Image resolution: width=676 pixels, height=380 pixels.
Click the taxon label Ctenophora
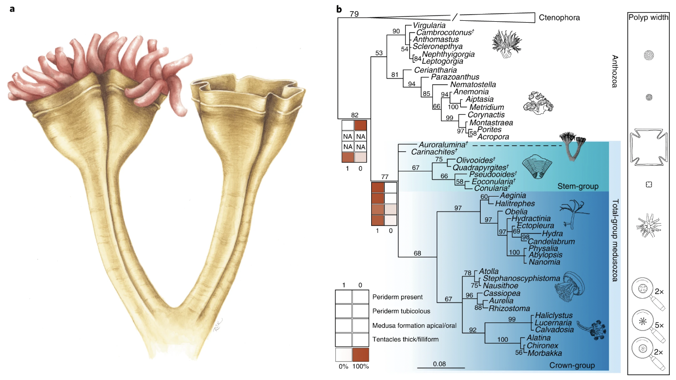[559, 18]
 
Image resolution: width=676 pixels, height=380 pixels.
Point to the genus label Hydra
[538, 234]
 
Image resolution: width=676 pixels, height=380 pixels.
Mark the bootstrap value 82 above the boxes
[355, 115]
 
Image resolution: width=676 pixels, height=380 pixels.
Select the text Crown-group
[572, 365]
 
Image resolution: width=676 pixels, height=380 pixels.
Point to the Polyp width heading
[649, 18]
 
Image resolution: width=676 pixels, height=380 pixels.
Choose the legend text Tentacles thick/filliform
[406, 339]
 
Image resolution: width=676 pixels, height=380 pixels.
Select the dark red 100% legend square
[361, 355]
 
